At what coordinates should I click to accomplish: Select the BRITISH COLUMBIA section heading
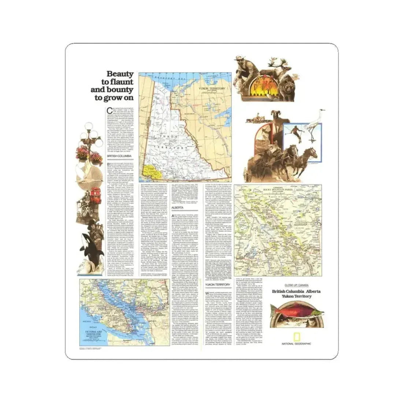117,156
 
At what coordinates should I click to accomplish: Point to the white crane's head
322,110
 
